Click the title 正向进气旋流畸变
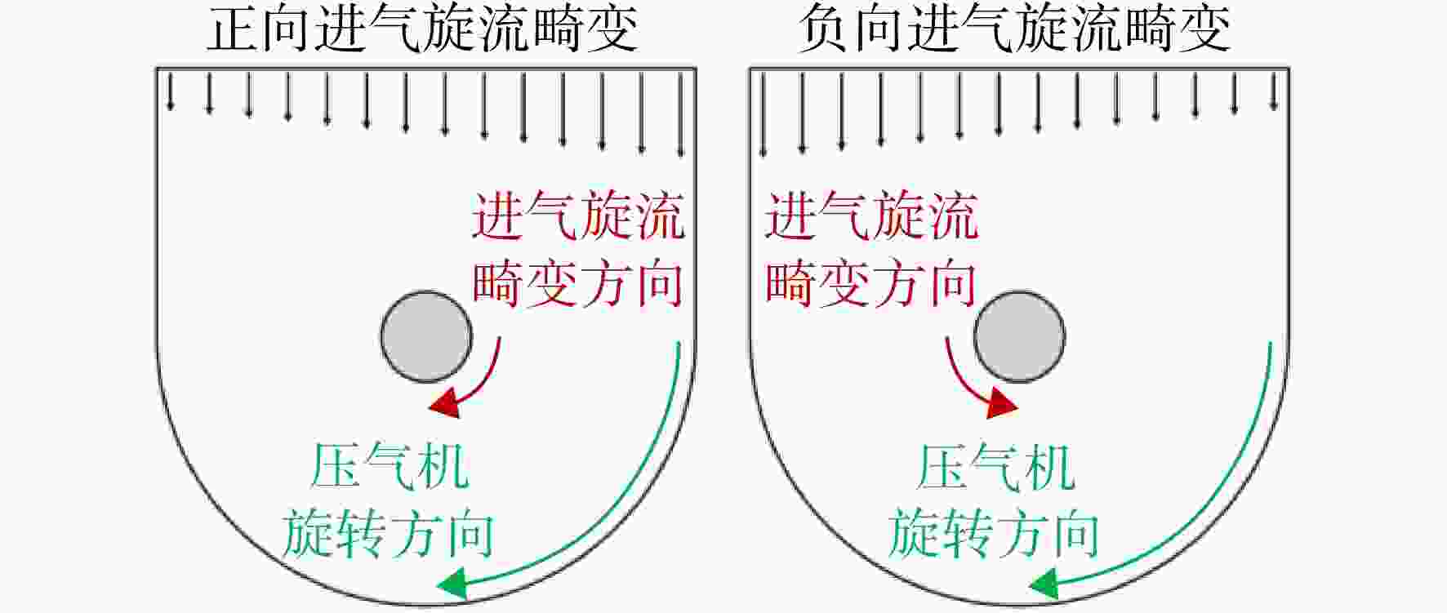422,31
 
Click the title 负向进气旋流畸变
1014,31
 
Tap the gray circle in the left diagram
426,336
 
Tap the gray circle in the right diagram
1019,336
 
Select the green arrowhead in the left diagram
452,584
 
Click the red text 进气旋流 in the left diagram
578,216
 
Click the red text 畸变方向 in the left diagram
578,283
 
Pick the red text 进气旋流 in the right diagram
871,216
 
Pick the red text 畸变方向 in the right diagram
871,283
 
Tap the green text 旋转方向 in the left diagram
388,534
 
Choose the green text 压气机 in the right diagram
995,467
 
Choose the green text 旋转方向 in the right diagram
994,534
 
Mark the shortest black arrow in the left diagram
170,91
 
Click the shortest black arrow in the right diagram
1274,91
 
